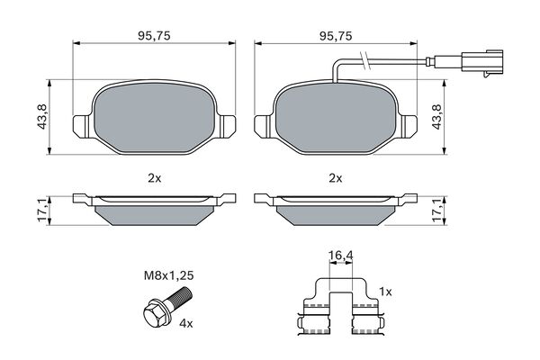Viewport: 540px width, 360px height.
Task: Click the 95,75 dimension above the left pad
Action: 154,36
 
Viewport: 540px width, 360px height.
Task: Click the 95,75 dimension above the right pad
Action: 336,36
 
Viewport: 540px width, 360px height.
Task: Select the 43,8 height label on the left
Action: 42,117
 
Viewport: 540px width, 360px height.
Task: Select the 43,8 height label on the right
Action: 436,117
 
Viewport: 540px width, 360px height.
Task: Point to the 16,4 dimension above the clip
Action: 340,256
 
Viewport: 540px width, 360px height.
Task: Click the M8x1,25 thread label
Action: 169,275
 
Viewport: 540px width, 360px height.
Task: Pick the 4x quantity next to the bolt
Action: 186,323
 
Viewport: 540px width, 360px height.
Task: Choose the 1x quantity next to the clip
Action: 385,292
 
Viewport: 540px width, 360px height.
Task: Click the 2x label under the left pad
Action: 154,178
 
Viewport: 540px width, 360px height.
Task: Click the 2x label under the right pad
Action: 336,178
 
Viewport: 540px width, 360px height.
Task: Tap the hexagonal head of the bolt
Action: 153,311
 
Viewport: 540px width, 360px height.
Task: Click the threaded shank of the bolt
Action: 180,297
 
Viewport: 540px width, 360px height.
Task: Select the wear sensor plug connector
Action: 481,62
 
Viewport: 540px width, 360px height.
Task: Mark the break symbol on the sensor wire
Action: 365,61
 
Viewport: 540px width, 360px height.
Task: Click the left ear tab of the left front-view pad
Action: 84,126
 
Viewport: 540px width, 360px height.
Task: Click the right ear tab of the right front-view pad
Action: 407,126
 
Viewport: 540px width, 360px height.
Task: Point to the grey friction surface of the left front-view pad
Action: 154,118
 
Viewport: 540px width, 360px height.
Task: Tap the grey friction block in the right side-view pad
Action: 336,215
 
